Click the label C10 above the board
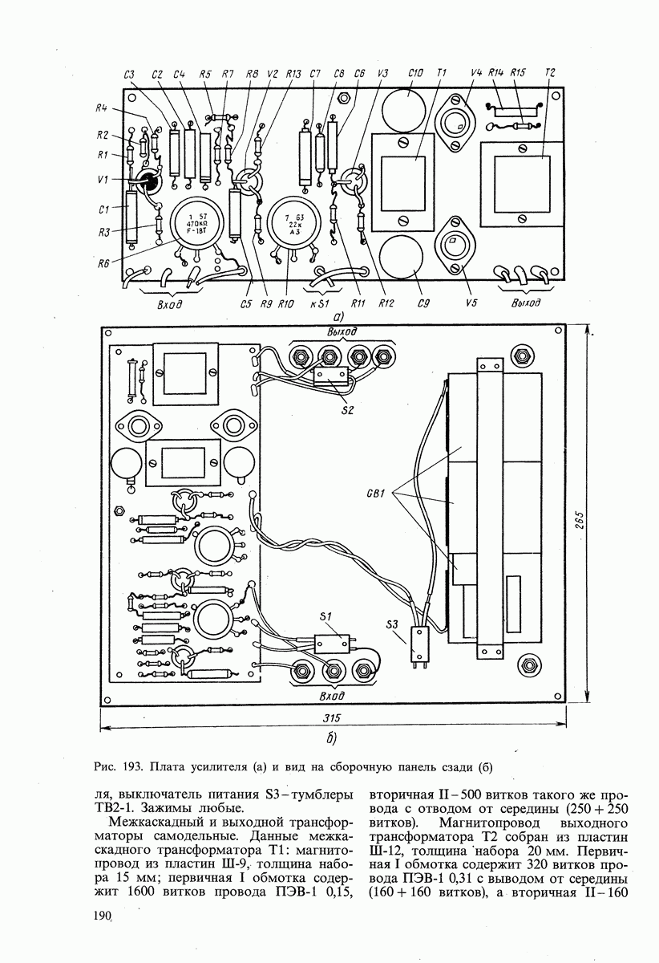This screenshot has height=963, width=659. coord(415,74)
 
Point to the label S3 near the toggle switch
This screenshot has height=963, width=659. coord(392,624)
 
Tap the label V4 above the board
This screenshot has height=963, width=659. coord(476,74)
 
